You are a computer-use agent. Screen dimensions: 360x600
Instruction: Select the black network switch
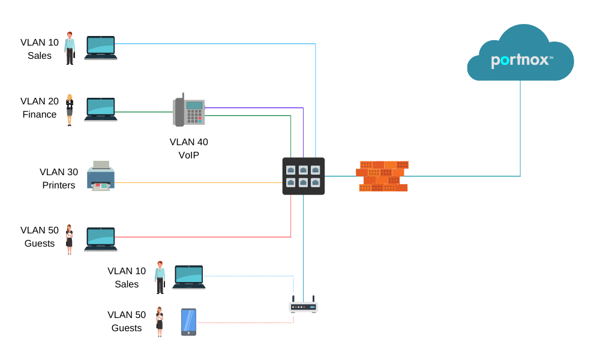[x=304, y=176]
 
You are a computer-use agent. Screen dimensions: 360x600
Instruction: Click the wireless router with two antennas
[x=303, y=306]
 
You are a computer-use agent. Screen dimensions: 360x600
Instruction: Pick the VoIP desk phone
[x=189, y=111]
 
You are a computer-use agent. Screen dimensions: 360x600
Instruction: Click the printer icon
[x=101, y=176]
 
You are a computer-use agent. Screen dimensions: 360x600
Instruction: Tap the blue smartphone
[x=188, y=322]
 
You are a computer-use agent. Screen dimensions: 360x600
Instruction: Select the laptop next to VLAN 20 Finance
[x=101, y=109]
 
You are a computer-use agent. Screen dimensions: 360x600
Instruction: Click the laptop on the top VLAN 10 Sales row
[x=101, y=47]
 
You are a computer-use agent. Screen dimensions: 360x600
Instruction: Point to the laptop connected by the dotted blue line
[x=189, y=277]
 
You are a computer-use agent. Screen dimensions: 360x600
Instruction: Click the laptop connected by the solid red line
[x=101, y=239]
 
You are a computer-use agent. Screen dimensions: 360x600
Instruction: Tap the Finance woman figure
[x=70, y=110]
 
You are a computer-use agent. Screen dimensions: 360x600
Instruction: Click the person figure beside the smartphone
[x=160, y=322]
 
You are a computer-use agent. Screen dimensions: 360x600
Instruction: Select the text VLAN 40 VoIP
[x=188, y=148]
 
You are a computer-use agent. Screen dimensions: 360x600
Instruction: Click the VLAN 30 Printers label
[x=59, y=178]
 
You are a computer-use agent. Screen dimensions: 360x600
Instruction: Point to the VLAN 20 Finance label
[x=40, y=107]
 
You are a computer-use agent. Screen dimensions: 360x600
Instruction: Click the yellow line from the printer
[x=198, y=182]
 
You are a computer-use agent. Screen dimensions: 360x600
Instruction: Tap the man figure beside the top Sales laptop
[x=70, y=48]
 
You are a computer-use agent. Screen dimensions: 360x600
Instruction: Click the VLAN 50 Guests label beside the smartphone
[x=127, y=321]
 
